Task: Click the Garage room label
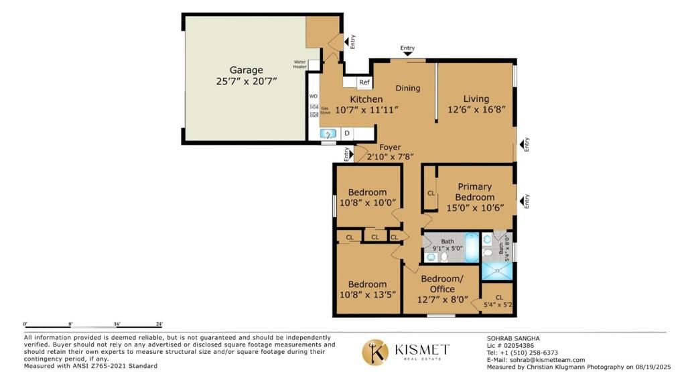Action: click(x=247, y=70)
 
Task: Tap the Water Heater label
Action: click(x=299, y=65)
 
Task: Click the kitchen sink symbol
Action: click(x=327, y=134)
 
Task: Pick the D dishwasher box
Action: click(x=347, y=133)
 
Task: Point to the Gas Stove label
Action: click(x=325, y=111)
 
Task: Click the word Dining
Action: click(x=407, y=88)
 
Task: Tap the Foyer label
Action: click(x=390, y=147)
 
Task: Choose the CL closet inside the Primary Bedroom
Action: click(x=431, y=193)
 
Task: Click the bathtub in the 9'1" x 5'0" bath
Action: click(x=472, y=246)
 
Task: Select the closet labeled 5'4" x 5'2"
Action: click(x=498, y=301)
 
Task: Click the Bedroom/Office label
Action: click(x=441, y=284)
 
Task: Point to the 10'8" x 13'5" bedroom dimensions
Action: click(x=367, y=294)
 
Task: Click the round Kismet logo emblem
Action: click(x=376, y=352)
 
